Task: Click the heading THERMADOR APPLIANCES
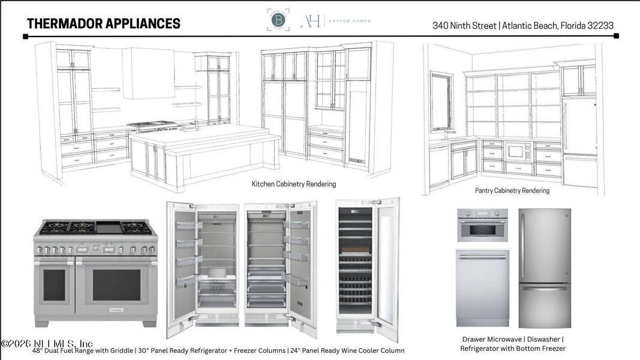tap(103, 24)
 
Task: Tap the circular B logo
tap(278, 20)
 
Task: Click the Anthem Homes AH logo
tap(311, 20)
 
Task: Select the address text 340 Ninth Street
tap(464, 26)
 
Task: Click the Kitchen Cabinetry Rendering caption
tap(293, 184)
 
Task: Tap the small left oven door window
tap(54, 284)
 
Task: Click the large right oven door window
tap(116, 284)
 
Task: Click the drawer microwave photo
tap(482, 225)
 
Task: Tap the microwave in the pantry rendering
tap(515, 151)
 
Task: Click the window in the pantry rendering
tap(441, 101)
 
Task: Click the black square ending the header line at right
tap(616, 36)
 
